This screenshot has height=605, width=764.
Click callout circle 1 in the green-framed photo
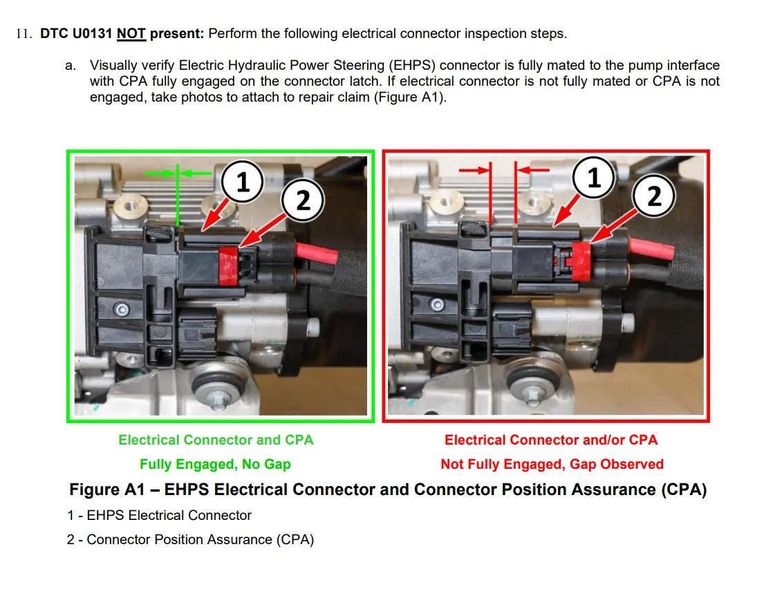tap(242, 182)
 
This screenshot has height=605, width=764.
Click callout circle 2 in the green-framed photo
tap(303, 201)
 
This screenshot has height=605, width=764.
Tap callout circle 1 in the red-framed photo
tap(593, 177)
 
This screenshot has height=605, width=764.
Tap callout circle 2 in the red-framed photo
tap(654, 196)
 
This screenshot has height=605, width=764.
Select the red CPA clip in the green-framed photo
tap(228, 266)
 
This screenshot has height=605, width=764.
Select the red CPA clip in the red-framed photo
tap(580, 261)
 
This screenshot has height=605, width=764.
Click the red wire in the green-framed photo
tap(316, 253)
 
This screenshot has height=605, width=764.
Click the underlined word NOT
tap(131, 34)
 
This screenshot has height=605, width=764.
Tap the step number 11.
tap(24, 34)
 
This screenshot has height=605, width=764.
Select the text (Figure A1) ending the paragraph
tap(410, 97)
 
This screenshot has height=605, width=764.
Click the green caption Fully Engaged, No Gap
tap(215, 464)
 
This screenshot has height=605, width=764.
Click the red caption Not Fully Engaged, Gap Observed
tap(552, 464)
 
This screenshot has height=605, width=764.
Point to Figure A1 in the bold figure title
tap(107, 490)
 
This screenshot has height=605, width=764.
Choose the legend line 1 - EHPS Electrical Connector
tap(159, 515)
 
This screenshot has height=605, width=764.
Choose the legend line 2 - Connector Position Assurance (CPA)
tap(191, 540)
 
